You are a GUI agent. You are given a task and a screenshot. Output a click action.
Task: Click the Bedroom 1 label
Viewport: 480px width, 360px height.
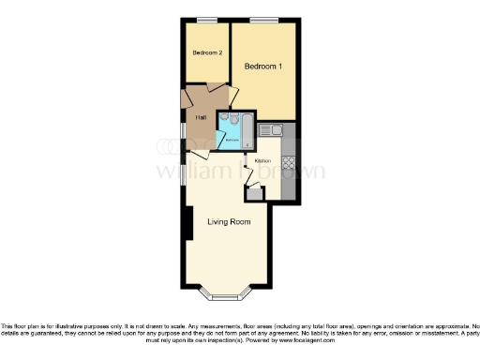coord(263,67)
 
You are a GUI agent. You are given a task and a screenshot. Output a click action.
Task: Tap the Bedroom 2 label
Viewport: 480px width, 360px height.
coord(207,53)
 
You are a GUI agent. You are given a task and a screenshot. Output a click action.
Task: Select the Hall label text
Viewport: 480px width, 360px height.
coord(201,117)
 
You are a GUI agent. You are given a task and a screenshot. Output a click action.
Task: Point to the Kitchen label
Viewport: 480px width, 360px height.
coord(262,161)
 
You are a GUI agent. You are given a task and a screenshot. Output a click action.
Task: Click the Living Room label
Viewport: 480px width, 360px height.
coord(229,222)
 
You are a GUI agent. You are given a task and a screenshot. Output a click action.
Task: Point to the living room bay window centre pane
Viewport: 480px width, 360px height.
coord(227,299)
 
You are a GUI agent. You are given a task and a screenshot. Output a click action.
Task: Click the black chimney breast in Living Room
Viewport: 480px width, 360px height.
coord(189,225)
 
